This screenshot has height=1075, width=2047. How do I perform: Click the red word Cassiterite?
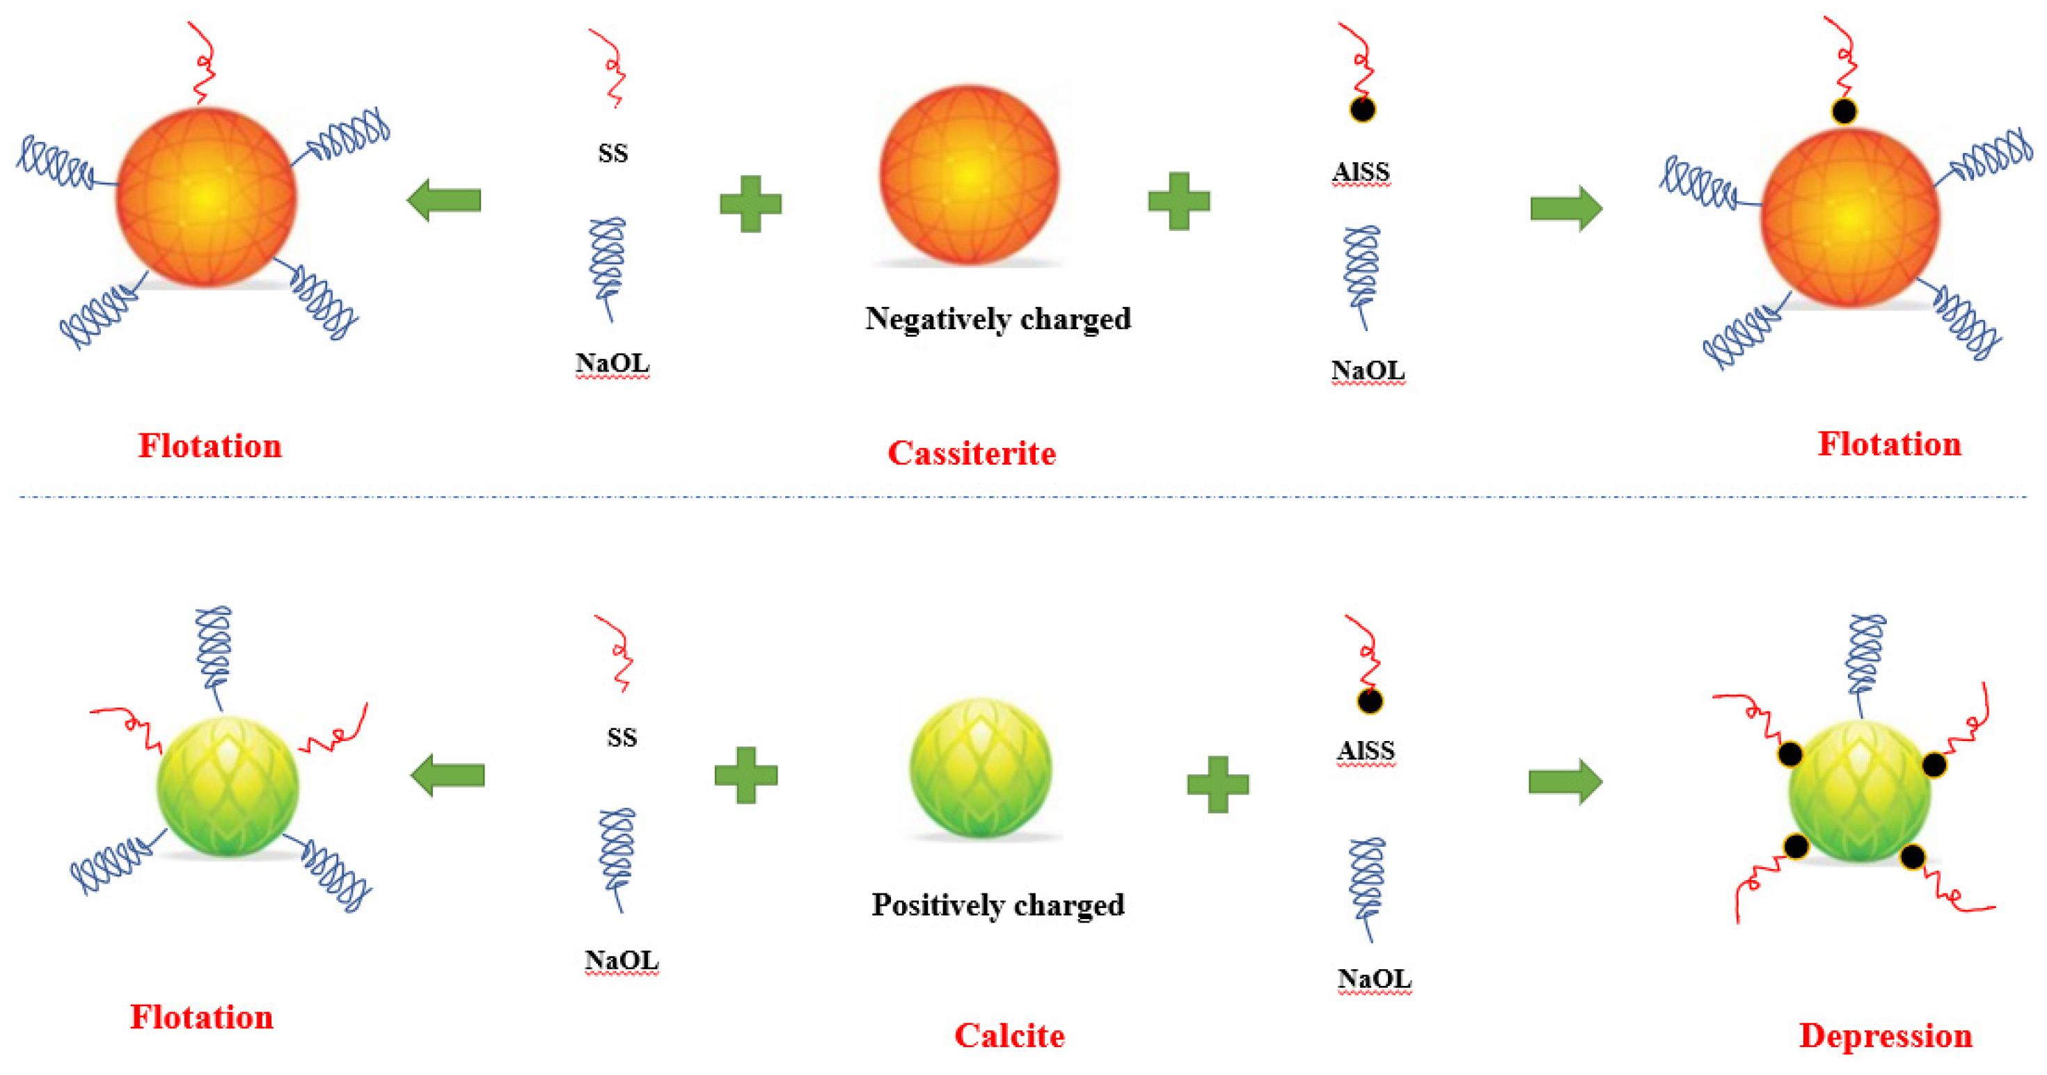tap(971, 453)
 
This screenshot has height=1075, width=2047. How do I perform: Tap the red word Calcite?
tap(1009, 1035)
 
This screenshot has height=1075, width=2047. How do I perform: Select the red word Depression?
tap(1885, 1035)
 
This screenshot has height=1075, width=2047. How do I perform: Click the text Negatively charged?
tap(998, 319)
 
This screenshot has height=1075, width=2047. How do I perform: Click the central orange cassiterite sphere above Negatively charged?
tap(970, 175)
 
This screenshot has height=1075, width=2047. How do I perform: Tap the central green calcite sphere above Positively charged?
tap(981, 767)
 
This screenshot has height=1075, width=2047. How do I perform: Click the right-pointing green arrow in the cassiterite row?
tap(1566, 209)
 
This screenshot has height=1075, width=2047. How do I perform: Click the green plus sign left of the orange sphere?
tap(750, 204)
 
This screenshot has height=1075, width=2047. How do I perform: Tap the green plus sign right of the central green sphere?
tap(1217, 784)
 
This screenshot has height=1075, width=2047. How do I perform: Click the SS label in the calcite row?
tap(622, 738)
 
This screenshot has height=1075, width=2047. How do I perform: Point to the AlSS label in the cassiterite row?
tap(1361, 172)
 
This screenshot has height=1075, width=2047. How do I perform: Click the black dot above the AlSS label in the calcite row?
tap(1369, 701)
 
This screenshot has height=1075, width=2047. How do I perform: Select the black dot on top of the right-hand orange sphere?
tap(1844, 111)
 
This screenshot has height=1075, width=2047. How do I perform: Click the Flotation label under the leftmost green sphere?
tap(202, 1017)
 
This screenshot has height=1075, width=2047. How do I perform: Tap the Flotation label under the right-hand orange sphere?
tap(1890, 444)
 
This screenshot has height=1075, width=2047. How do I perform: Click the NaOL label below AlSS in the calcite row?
tap(1374, 979)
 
